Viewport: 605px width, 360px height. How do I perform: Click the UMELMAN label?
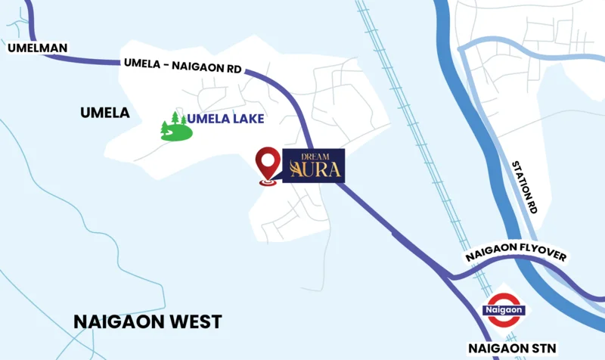coord(37,48)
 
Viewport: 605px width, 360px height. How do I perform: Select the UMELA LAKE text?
coord(226,119)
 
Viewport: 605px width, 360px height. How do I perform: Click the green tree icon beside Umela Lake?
coord(175,126)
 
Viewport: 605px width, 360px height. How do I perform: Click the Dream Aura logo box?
coord(314,166)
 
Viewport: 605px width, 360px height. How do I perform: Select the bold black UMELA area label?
coord(105,113)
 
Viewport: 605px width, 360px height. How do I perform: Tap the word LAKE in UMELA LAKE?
coord(247,119)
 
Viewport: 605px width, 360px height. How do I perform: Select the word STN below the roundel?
coord(542,348)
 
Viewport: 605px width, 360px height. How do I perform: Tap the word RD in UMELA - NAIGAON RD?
coord(234,68)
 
